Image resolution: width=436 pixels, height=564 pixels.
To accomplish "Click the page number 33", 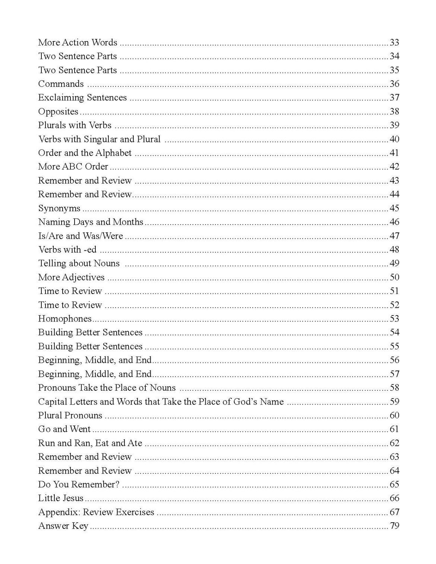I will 394,42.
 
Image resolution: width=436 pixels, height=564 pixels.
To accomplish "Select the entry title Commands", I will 61,84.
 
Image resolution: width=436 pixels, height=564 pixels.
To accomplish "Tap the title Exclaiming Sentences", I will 82,98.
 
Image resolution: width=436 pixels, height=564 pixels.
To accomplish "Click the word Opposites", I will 58,112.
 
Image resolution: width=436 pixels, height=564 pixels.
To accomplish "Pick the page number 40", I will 394,139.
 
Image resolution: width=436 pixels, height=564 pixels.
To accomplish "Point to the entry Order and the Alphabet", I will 85,153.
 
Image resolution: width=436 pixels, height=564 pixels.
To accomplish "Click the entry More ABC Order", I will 73,167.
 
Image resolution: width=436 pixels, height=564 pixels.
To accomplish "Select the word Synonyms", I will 59,208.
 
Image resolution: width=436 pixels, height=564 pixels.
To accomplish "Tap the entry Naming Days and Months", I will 91,222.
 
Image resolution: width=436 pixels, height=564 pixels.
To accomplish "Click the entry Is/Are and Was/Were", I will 80,236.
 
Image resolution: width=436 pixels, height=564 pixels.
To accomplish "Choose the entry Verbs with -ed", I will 67,250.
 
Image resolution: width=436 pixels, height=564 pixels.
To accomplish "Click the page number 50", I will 394,277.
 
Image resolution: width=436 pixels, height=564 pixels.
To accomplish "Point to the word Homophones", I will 65,319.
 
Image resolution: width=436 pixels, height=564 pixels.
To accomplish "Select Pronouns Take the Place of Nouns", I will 107,388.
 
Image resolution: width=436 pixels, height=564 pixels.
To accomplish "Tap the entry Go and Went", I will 64,429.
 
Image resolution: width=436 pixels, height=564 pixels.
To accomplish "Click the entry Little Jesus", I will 61,498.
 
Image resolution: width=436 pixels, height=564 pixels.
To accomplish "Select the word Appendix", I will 59,512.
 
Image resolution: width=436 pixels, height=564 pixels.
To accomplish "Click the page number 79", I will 394,526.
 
